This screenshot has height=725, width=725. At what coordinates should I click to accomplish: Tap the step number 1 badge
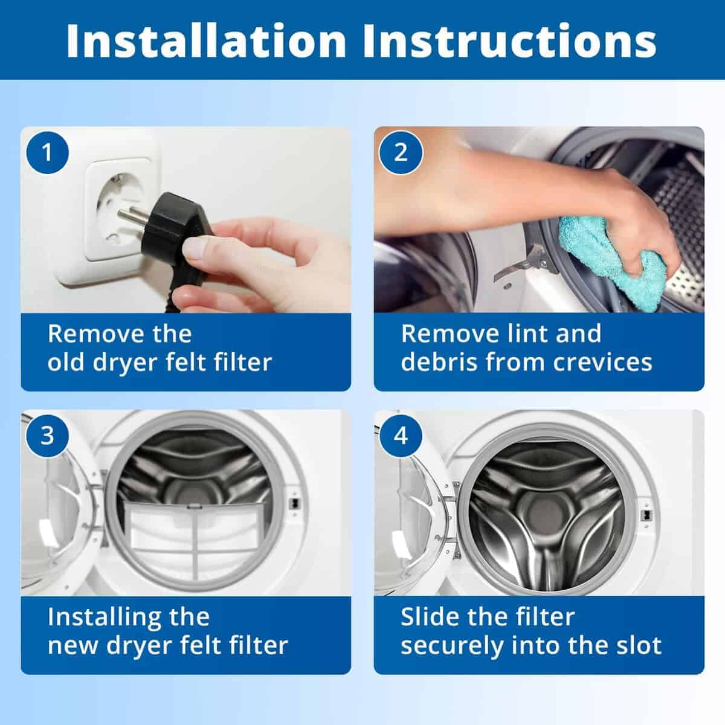tap(47, 153)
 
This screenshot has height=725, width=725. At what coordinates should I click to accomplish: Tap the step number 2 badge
tap(401, 153)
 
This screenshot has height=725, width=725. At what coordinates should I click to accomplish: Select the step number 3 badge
tap(47, 436)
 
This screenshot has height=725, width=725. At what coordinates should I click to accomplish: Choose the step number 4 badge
tap(401, 436)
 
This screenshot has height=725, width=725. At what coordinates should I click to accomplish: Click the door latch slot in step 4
tap(646, 515)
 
